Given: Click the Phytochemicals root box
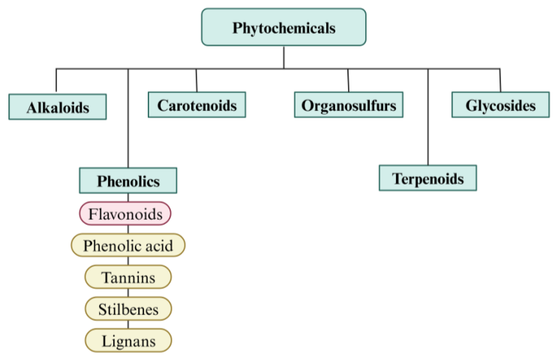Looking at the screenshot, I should [x=283, y=28].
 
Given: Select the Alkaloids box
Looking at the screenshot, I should [x=58, y=107].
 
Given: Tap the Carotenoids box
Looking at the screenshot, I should [x=196, y=105].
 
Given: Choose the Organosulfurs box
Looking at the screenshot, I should [x=348, y=105].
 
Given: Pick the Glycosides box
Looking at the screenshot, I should [x=500, y=105].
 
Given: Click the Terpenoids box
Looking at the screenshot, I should [x=427, y=178].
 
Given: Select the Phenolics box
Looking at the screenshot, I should [x=128, y=181].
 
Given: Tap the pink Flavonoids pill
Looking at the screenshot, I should [x=125, y=214].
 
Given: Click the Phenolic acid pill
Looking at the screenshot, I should [x=127, y=245].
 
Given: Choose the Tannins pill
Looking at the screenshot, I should [x=128, y=277].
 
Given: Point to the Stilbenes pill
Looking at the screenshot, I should [x=128, y=308].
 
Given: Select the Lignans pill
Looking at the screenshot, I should [x=128, y=340].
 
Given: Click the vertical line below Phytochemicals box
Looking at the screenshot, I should [x=283, y=57].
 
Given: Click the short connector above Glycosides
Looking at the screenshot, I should [x=500, y=80].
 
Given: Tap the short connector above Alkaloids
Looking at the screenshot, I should [x=56, y=81].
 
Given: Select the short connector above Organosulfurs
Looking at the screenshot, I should [x=348, y=80].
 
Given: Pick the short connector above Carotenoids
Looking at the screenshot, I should [x=196, y=80].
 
